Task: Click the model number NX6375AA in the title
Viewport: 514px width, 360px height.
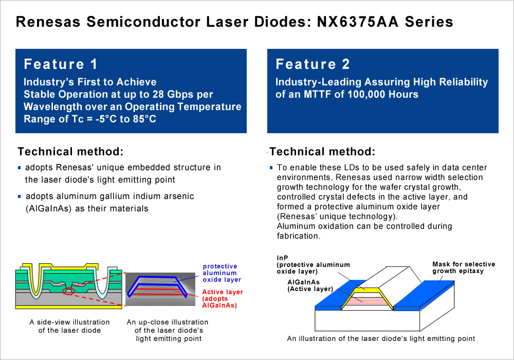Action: pos(358,22)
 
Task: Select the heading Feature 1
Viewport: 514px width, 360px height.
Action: pos(61,64)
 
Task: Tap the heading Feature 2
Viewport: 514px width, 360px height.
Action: pos(313,64)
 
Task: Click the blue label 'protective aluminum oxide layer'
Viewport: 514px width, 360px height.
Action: pos(222,273)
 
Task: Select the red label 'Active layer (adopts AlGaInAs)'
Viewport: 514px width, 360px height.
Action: pos(222,298)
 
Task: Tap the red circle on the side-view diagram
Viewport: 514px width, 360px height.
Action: pos(69,291)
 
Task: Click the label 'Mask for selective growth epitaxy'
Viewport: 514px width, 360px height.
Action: pos(464,267)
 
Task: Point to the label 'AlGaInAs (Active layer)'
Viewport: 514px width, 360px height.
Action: pos(310,285)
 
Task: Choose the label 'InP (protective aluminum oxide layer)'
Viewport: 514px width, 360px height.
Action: pos(313,264)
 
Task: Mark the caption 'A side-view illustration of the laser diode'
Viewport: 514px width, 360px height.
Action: pos(69,326)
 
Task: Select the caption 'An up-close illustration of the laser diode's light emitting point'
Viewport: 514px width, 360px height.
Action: pos(168,330)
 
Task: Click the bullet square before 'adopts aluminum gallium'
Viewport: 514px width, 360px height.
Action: pos(19,196)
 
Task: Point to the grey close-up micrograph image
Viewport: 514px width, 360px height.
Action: pos(160,289)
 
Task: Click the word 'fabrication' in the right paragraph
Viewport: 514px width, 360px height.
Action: pos(297,236)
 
